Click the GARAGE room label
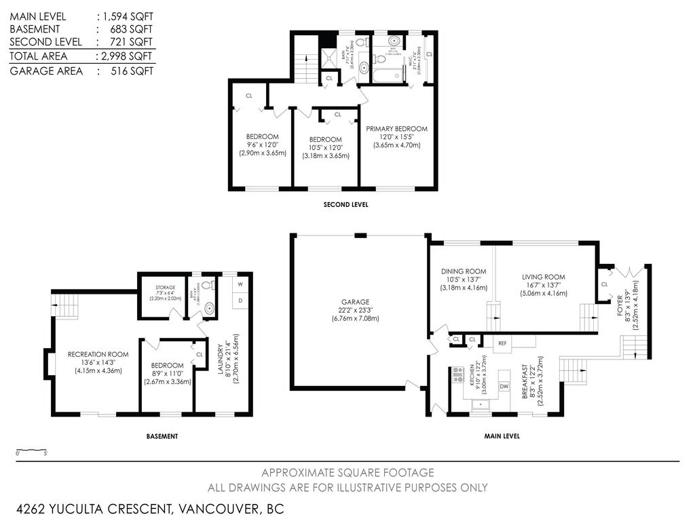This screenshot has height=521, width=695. (x=355, y=302)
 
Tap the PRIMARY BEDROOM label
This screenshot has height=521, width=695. (x=396, y=129)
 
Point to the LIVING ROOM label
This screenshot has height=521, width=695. (x=543, y=277)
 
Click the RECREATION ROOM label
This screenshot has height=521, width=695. (x=98, y=354)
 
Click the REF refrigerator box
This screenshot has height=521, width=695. (x=503, y=343)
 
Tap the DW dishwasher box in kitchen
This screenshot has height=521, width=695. (x=504, y=386)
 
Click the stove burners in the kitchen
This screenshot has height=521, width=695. (x=458, y=374)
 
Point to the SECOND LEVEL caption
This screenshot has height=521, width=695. (x=346, y=204)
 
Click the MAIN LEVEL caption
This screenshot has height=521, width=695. (x=502, y=436)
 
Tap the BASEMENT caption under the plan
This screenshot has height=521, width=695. (x=162, y=436)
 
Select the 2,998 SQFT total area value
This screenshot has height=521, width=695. (x=127, y=56)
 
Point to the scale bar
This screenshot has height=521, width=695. (x=31, y=450)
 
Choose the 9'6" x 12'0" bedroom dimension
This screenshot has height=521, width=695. (x=262, y=144)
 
